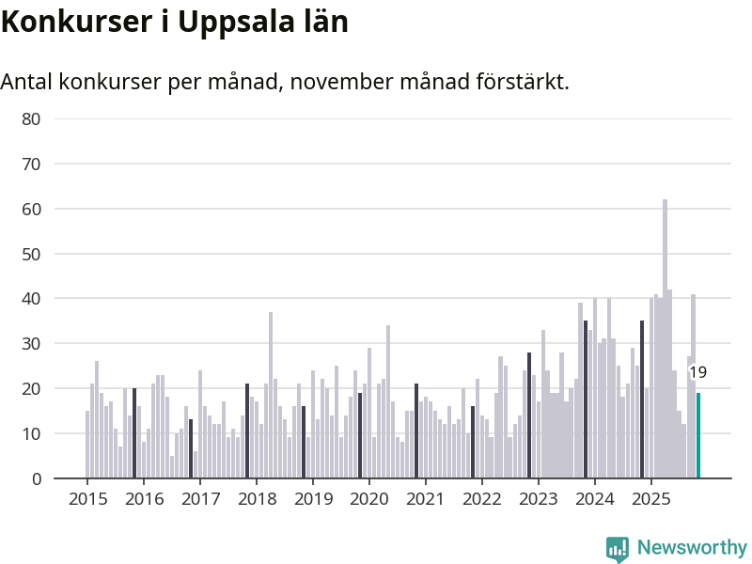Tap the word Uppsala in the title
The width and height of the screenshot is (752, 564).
[236, 22]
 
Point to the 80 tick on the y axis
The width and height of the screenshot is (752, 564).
[32, 119]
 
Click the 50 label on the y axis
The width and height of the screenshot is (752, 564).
[32, 254]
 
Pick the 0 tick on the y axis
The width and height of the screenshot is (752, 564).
[37, 478]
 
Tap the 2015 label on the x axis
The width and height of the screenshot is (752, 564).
[87, 498]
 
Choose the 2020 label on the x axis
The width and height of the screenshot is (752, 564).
[368, 498]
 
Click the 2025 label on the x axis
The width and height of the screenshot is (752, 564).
[650, 498]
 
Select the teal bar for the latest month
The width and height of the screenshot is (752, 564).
[698, 436]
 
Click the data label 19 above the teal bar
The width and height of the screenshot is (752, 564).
[697, 373]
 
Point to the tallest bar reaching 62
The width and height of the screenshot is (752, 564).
[665, 338]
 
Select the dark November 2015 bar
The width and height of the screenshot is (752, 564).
[134, 433]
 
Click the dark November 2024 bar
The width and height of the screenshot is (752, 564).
[642, 399]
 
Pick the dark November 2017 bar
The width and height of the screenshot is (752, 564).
[247, 431]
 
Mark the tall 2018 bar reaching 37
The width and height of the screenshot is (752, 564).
[271, 395]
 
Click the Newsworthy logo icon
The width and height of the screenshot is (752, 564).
[617, 549]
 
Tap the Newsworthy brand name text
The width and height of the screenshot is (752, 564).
[692, 547]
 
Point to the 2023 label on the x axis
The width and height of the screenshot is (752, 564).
[538, 498]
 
